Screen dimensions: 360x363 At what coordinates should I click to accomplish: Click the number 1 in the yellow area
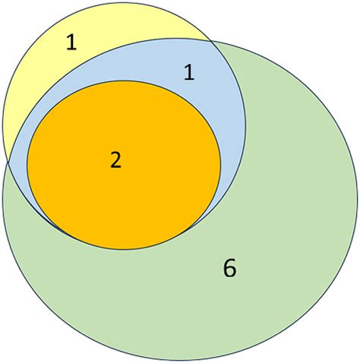click(71, 43)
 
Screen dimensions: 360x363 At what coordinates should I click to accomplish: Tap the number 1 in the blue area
click(189, 72)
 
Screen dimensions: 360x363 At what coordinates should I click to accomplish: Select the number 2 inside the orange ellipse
click(116, 160)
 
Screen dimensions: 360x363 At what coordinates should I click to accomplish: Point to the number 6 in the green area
click(230, 268)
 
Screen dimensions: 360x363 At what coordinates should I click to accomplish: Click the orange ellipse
click(124, 165)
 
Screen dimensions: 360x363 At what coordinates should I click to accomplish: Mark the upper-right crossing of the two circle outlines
click(210, 40)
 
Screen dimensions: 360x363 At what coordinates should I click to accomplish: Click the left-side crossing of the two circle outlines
click(8, 163)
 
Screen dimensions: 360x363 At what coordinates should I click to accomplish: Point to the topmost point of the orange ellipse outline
click(124, 80)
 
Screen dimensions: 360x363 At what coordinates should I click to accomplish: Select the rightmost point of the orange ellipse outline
click(221, 165)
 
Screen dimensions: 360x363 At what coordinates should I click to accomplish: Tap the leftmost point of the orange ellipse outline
click(27, 165)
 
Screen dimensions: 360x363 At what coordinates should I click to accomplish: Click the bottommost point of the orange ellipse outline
click(124, 250)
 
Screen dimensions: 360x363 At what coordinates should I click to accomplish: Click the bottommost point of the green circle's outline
click(180, 360)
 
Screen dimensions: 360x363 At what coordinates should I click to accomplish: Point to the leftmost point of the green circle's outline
click(3, 199)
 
